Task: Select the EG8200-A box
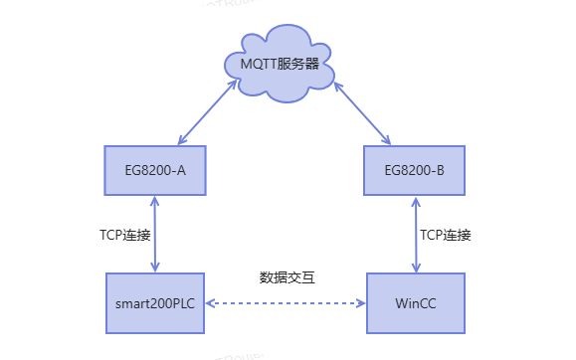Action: pos(153,170)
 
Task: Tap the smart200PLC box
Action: pos(154,301)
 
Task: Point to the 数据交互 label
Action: pos(287,277)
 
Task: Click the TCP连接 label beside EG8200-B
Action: pos(445,236)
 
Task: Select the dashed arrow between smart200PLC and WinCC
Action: pos(287,302)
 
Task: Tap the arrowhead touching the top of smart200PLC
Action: pos(154,266)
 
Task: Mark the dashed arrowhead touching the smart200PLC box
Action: pos(211,302)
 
